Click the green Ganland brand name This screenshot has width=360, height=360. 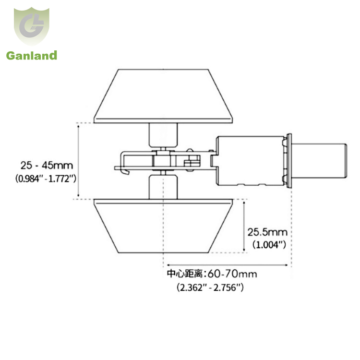tap(32, 56)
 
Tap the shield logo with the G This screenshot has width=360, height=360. tap(32, 26)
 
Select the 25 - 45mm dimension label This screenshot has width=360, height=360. tap(47, 165)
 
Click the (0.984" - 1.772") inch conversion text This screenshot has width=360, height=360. tap(46, 179)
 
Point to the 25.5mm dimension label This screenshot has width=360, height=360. tap(267, 232)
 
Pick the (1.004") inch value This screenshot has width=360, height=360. tap(269, 245)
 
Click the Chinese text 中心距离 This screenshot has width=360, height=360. tap(185, 274)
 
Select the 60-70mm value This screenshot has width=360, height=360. tap(232, 274)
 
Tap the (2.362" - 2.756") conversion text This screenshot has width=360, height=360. tap(210, 287)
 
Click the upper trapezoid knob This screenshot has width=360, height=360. tap(163, 96)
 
